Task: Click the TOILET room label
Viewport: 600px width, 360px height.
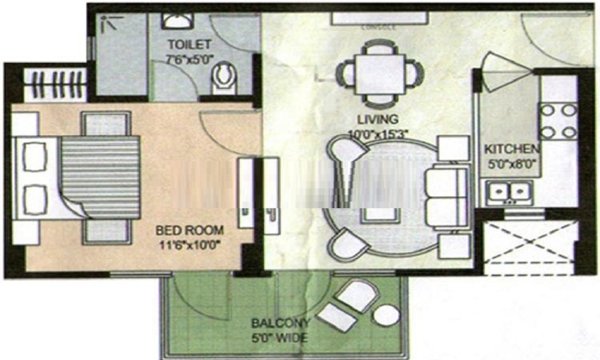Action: pyautogui.click(x=189, y=44)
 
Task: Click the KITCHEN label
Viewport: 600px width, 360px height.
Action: pyautogui.click(x=512, y=149)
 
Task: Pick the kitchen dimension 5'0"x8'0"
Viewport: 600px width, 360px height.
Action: pyautogui.click(x=512, y=162)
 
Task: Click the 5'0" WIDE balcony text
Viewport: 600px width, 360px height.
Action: pyautogui.click(x=280, y=338)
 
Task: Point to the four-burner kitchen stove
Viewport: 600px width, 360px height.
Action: pyautogui.click(x=559, y=121)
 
